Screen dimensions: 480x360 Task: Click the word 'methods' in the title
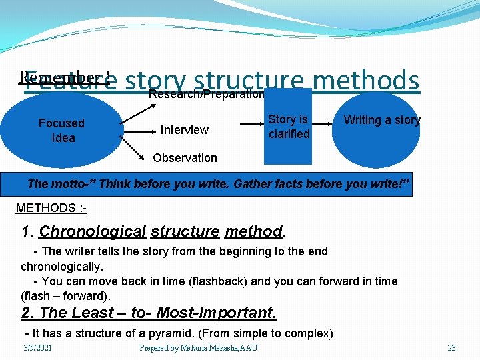tap(365, 81)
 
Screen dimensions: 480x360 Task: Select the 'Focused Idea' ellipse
tap(61, 131)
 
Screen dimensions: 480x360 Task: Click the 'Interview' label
tap(185, 129)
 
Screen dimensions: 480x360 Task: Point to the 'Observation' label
tap(185, 158)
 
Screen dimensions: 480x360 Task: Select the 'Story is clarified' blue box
tap(288, 127)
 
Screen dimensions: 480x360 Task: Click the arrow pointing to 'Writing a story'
tap(325, 122)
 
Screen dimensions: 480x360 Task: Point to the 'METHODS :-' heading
tap(51, 208)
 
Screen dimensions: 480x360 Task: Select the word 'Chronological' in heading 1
tap(92, 232)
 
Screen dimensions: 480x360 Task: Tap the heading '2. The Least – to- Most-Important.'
tap(149, 313)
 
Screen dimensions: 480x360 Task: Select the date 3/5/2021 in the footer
tap(37, 348)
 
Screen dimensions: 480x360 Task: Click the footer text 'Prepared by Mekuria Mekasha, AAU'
tap(198, 348)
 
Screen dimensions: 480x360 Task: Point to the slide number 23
tap(451, 348)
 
